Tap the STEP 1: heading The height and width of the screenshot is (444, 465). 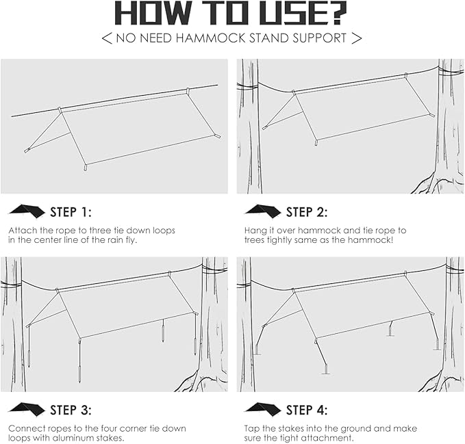click(x=71, y=212)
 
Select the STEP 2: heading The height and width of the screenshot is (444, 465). click(x=307, y=212)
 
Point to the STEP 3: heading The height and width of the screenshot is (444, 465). click(x=71, y=410)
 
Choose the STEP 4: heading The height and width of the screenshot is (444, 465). click(x=307, y=410)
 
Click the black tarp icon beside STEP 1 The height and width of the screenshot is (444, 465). click(x=27, y=211)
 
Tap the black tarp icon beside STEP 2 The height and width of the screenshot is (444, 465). click(x=263, y=211)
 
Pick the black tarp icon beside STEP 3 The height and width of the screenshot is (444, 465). click(x=27, y=409)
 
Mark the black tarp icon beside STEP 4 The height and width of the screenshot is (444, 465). click(x=263, y=409)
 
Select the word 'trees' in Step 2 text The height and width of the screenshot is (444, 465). click(x=255, y=240)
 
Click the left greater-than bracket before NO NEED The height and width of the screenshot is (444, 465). click(x=107, y=38)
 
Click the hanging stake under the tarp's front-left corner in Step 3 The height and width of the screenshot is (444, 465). click(x=79, y=374)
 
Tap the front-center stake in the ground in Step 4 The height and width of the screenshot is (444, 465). click(x=326, y=369)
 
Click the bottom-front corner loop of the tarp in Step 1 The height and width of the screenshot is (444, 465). click(x=86, y=168)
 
